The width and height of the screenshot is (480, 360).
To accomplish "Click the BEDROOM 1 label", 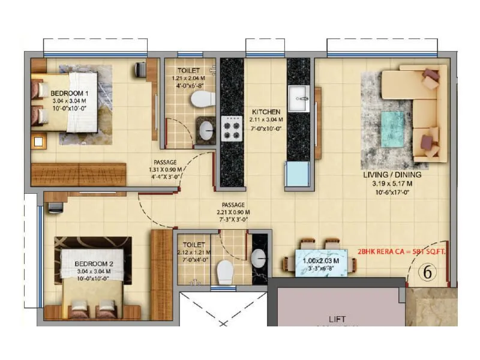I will (x=70, y=94).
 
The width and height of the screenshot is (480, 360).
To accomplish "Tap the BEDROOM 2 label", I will (x=94, y=264).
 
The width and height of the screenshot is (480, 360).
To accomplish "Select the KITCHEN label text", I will (x=265, y=112).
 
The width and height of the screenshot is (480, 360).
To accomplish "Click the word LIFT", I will (x=337, y=319).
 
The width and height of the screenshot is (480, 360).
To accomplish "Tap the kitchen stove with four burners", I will (x=232, y=128).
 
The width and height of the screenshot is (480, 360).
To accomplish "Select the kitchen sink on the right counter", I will (x=298, y=98).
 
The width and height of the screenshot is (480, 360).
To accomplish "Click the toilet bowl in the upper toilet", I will (x=202, y=99).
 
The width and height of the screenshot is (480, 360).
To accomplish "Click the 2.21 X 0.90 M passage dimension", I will (x=233, y=212).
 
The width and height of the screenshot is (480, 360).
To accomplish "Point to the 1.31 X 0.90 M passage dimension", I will (x=165, y=169).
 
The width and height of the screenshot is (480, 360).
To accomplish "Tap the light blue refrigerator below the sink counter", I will (x=298, y=174).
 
